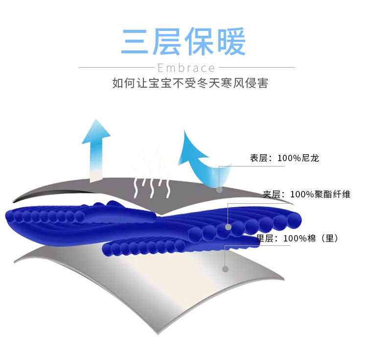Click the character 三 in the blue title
[135, 42]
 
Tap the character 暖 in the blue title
[231, 42]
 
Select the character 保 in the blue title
[200, 42]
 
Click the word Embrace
[186, 68]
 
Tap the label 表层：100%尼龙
[284, 158]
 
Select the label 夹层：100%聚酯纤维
[307, 194]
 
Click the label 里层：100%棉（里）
[297, 239]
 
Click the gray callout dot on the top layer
[219, 190]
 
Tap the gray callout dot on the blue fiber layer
[228, 227]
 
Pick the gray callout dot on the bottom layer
[225, 269]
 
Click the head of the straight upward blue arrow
[96, 132]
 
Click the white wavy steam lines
[152, 188]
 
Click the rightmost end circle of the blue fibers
[294, 220]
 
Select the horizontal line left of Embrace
[117, 67]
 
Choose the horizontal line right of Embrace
[257, 67]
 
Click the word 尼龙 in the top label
[310, 158]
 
